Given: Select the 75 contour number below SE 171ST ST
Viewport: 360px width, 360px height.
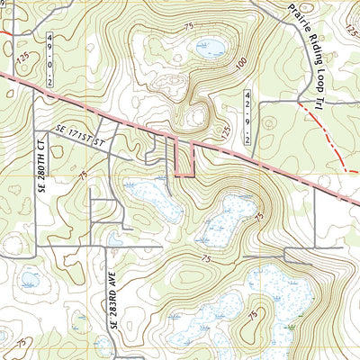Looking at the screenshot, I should [x=83, y=175].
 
